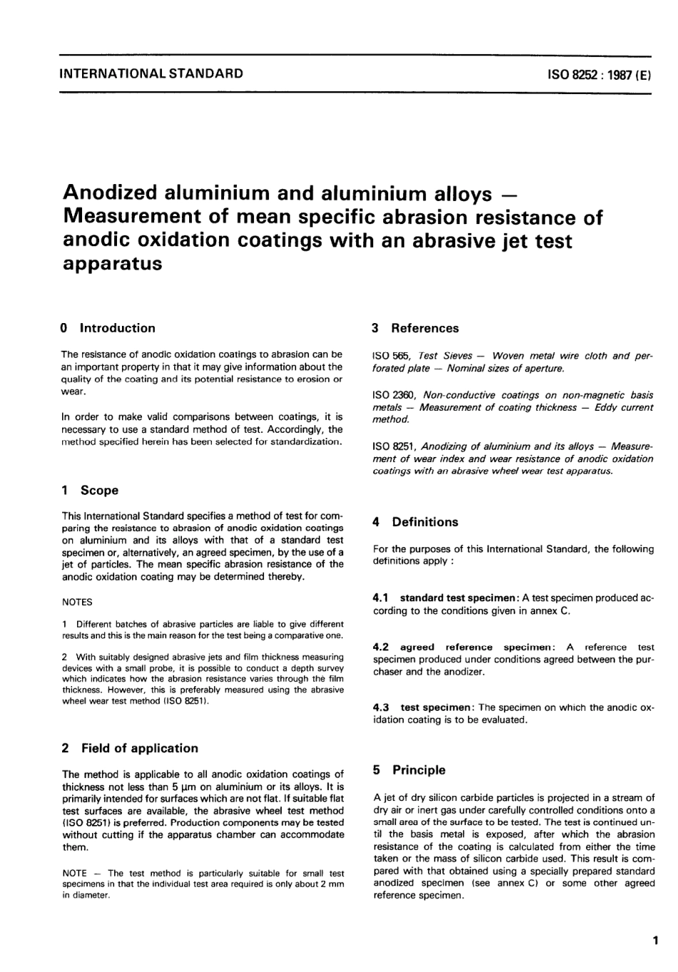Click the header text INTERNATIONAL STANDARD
point(151,73)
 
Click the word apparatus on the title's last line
point(113,264)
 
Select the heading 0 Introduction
point(108,328)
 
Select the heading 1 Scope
point(91,490)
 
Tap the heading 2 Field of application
point(130,748)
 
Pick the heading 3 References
point(415,328)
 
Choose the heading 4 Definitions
point(415,522)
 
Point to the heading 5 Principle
point(409,770)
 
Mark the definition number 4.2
point(381,648)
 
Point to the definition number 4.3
point(381,707)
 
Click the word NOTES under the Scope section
point(77,602)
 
